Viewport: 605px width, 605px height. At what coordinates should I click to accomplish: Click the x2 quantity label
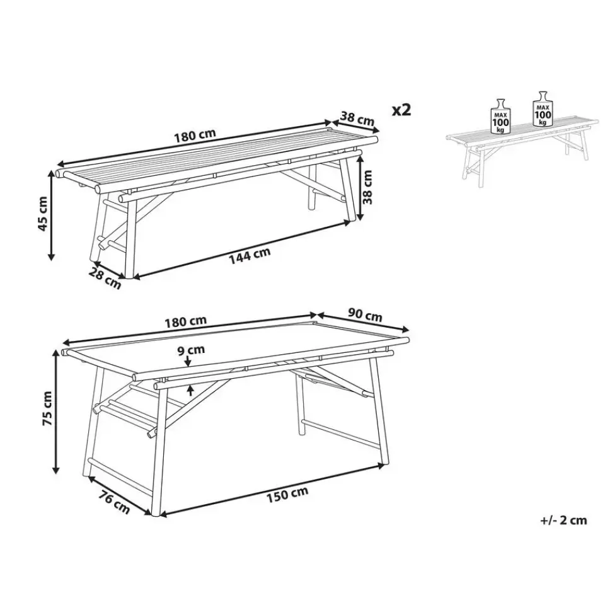tap(401, 110)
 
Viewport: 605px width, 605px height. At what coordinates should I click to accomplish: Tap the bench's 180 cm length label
tap(195, 135)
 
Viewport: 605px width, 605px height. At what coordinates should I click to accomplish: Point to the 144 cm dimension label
tap(250, 256)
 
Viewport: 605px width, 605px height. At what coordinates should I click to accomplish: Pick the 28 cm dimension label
tap(105, 278)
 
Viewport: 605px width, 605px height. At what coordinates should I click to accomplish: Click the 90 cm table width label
tap(365, 315)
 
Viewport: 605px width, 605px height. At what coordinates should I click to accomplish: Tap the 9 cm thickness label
tap(191, 350)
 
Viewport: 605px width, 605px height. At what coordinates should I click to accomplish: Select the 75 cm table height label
tap(47, 408)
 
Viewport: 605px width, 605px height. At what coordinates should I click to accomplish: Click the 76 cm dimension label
tap(113, 501)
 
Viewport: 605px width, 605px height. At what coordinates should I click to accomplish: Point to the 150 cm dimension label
tap(287, 494)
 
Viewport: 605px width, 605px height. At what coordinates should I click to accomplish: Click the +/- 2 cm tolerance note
tap(563, 520)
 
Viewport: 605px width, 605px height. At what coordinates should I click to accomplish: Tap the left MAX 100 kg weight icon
tap(500, 117)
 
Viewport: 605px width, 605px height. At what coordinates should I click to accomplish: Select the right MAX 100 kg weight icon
tap(543, 109)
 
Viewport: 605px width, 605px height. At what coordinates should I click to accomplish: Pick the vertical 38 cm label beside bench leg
tap(367, 188)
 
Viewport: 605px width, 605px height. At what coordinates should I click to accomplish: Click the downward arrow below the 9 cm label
tap(188, 360)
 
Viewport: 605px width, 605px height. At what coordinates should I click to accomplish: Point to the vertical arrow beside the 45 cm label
tap(51, 216)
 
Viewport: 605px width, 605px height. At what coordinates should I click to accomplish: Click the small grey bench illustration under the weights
tap(523, 151)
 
